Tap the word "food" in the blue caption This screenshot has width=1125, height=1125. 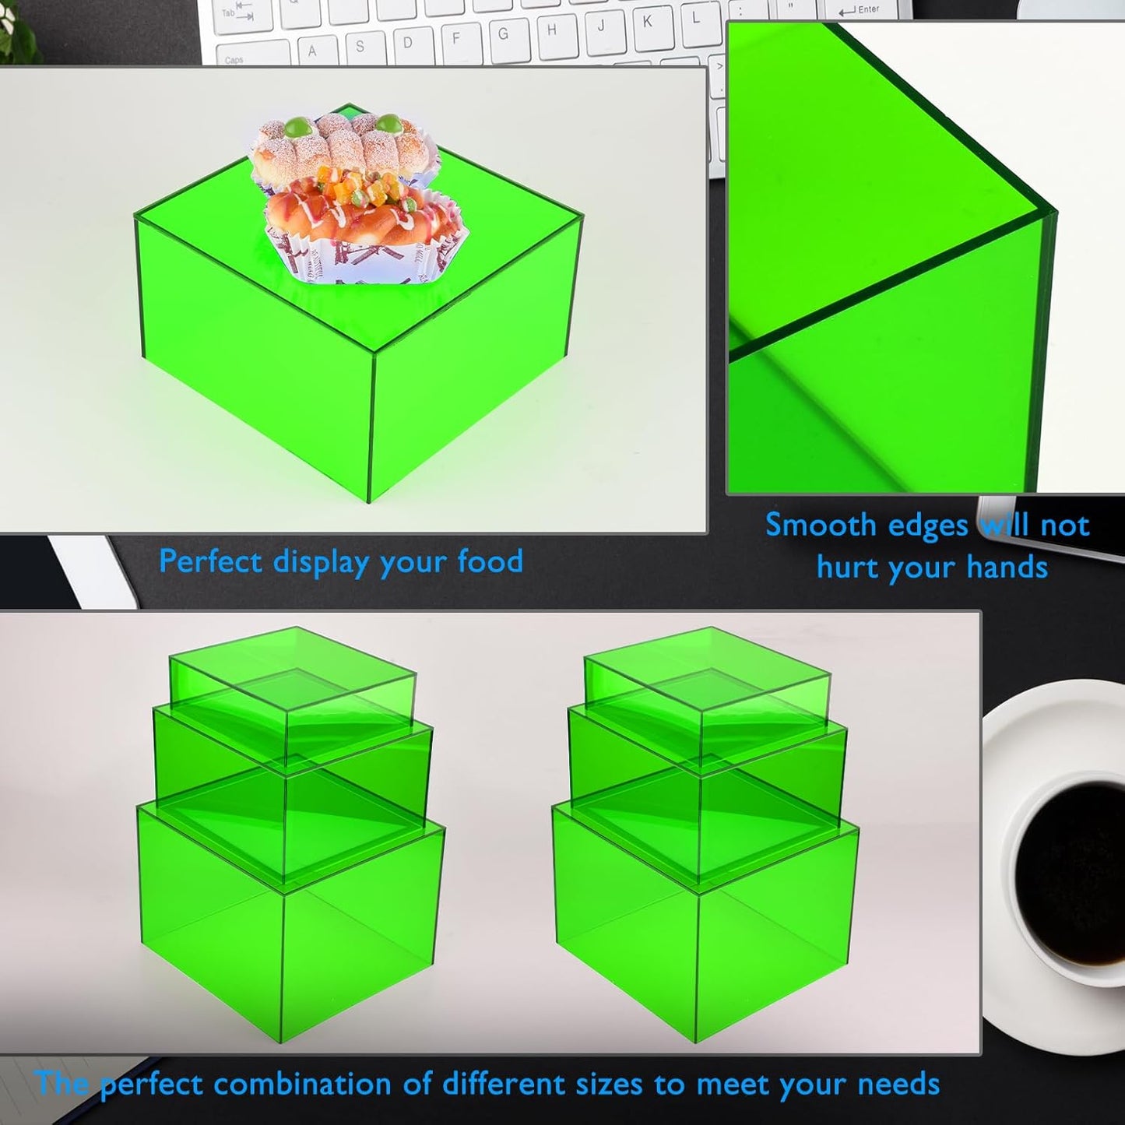point(490,561)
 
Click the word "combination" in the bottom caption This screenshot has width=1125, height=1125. point(322,1084)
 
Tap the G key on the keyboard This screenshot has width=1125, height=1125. point(503,34)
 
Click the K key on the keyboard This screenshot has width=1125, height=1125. point(647,22)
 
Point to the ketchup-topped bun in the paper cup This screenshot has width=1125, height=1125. point(366,214)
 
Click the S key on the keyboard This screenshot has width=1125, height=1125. point(360,47)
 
